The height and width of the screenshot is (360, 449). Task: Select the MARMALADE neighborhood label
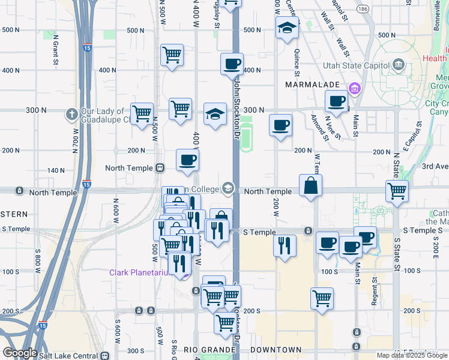point(313,85)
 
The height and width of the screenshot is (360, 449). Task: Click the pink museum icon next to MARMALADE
point(355,89)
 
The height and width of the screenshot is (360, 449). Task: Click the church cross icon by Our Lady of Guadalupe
point(71,113)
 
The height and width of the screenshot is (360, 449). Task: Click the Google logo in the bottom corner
point(19,353)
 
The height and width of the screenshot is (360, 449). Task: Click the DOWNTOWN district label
point(276,350)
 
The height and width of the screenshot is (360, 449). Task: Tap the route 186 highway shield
point(363,10)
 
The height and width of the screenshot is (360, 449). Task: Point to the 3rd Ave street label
point(435,166)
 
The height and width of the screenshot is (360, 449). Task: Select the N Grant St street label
point(55,52)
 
